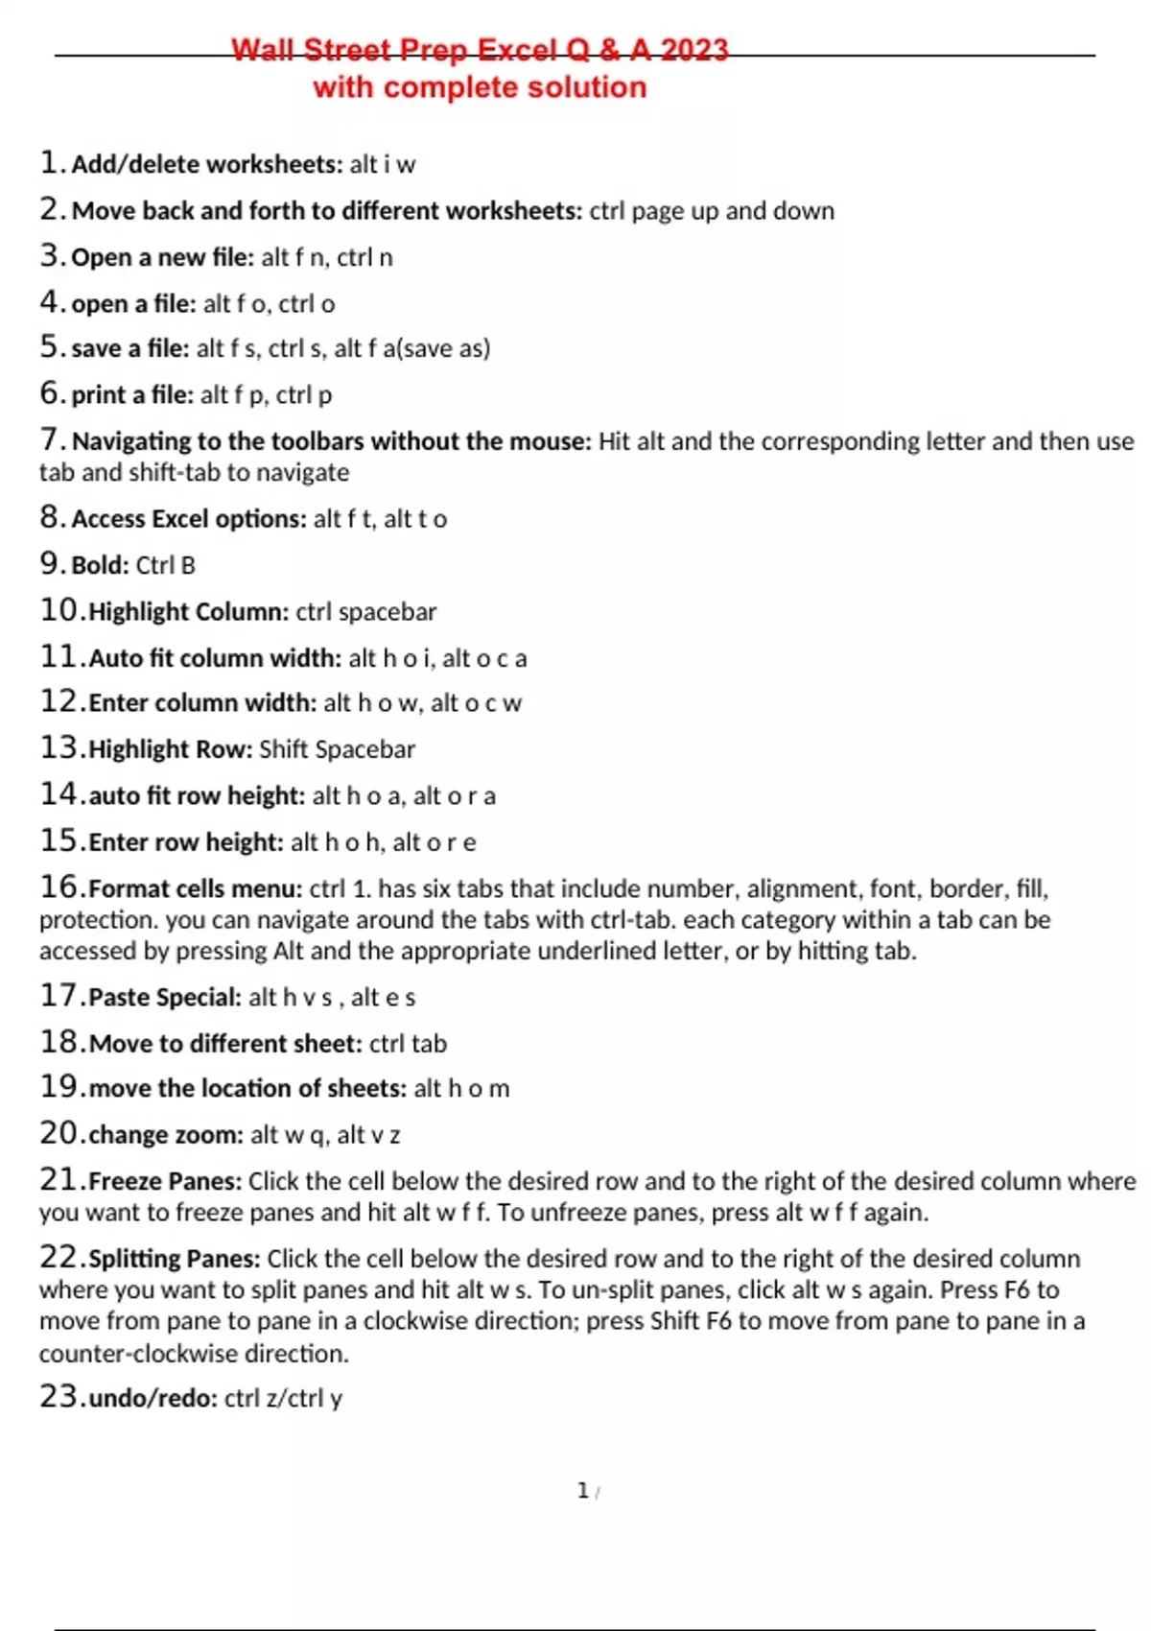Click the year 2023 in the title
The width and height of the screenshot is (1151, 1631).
click(693, 49)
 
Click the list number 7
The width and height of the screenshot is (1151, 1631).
click(51, 439)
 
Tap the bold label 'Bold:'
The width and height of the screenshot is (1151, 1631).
click(100, 565)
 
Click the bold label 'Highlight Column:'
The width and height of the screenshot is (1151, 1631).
click(188, 612)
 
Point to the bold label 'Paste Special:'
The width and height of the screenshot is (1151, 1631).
click(165, 998)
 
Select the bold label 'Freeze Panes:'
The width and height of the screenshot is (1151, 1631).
click(165, 1181)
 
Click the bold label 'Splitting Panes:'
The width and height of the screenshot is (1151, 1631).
click(175, 1259)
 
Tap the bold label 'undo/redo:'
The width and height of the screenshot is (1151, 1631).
click(153, 1399)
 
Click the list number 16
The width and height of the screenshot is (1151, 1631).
click(59, 886)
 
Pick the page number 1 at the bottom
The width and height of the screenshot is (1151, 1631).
click(582, 1490)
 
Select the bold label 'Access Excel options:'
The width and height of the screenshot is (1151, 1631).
click(189, 519)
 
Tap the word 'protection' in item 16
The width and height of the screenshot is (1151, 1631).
click(98, 920)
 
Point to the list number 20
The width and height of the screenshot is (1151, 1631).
click(59, 1133)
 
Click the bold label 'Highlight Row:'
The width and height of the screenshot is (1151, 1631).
click(171, 749)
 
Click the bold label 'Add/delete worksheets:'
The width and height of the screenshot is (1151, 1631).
click(206, 164)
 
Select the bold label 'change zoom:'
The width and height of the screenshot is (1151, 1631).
click(166, 1135)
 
